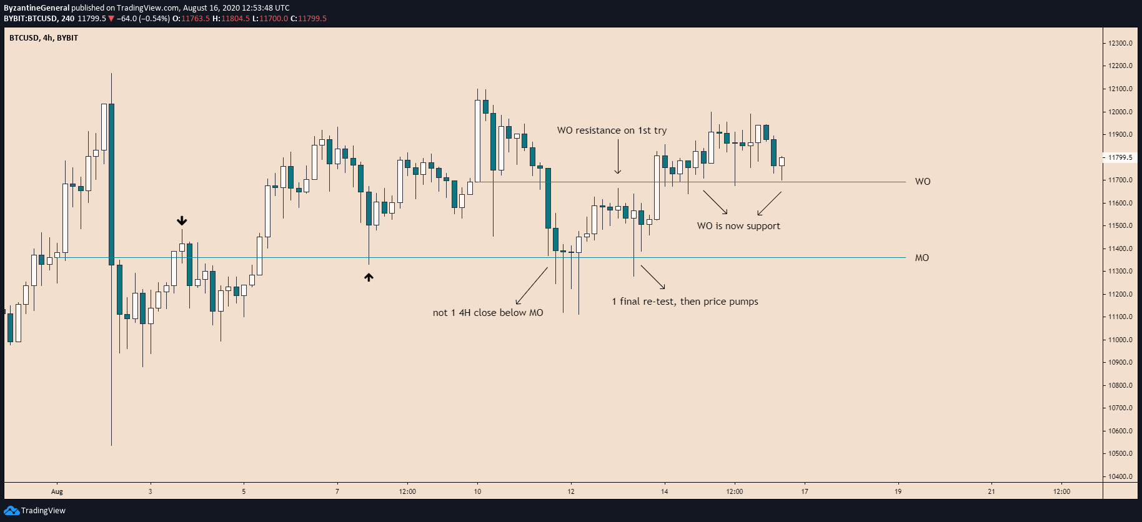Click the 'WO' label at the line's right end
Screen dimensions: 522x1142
click(x=922, y=182)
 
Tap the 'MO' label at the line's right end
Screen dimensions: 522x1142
click(x=921, y=258)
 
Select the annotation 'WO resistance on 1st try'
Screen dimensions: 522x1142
click(x=612, y=130)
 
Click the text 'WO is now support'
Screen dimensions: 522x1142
click(x=738, y=226)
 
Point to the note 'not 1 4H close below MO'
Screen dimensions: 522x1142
click(x=488, y=313)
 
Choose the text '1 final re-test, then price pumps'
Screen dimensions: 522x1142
click(x=685, y=302)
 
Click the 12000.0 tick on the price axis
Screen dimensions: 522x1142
click(x=1120, y=112)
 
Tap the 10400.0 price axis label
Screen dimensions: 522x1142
click(x=1120, y=476)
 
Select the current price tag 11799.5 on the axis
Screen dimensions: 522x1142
click(x=1120, y=157)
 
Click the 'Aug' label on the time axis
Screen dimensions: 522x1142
click(x=57, y=491)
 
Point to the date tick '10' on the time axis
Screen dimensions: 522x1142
click(x=477, y=491)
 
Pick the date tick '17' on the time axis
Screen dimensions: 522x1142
click(x=805, y=491)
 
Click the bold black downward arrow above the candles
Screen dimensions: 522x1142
click(x=182, y=221)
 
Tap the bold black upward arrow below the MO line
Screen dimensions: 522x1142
click(x=369, y=277)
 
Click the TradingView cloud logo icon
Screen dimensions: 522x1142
click(x=11, y=511)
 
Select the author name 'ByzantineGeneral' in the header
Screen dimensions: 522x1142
click(x=37, y=8)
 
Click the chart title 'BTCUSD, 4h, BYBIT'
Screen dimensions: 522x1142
click(x=44, y=38)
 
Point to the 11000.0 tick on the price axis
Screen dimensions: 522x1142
click(x=1120, y=340)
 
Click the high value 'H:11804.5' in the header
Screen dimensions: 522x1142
click(x=231, y=19)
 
